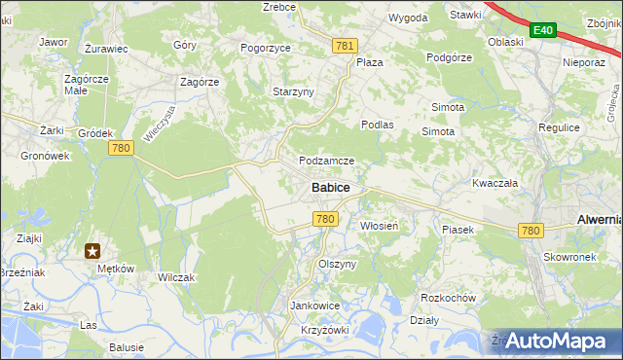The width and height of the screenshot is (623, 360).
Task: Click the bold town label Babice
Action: pos(331,187)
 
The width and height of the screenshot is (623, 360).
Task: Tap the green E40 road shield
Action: pos(543,31)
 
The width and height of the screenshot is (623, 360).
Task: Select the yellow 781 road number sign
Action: pos(345,46)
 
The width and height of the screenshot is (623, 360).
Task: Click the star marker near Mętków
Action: pos(92,251)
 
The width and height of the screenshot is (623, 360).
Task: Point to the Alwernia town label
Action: pos(599,220)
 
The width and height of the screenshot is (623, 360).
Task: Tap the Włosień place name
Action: pos(375,225)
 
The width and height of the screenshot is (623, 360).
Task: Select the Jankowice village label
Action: pos(314,305)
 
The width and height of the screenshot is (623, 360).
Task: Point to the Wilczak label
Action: pos(176,277)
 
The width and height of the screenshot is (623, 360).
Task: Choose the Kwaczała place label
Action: pos(495,182)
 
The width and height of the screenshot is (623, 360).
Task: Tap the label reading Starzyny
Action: pos(292,91)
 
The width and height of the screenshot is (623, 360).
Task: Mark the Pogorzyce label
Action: pos(267,47)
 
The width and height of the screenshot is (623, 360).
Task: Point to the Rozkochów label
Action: pos(447,297)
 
